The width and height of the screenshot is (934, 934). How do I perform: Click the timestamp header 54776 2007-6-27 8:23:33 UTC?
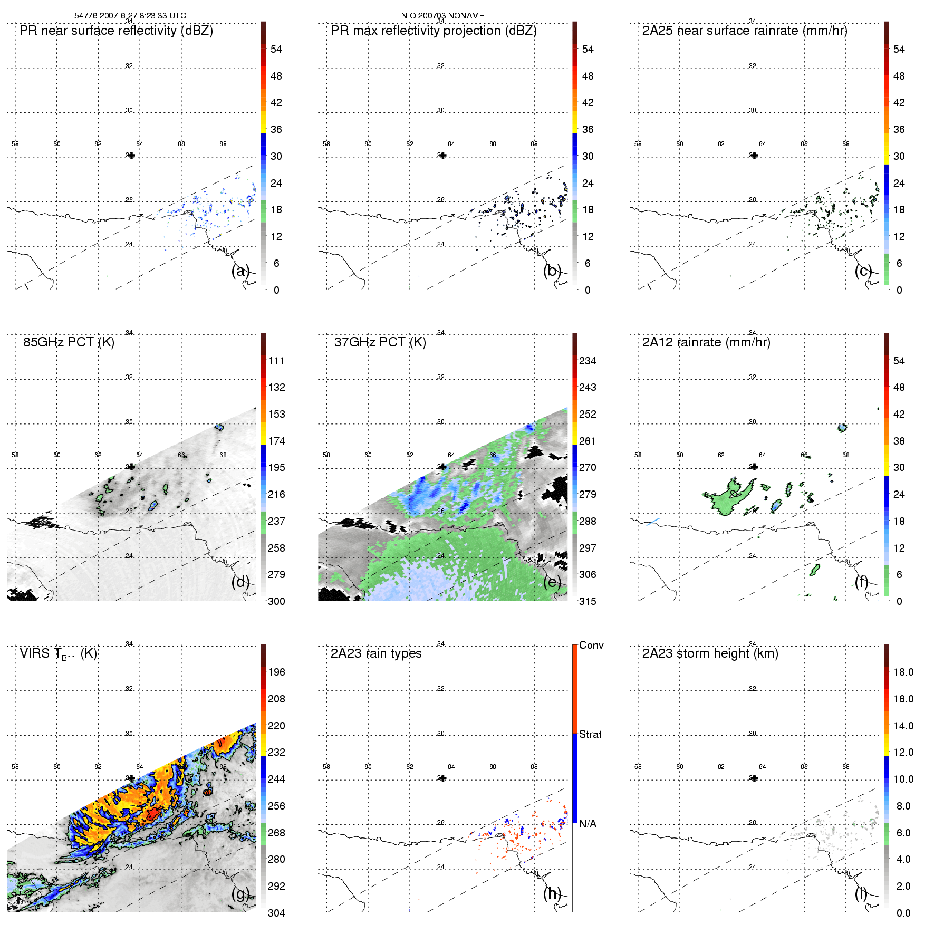click(x=130, y=16)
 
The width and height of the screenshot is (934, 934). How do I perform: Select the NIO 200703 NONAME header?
click(x=442, y=16)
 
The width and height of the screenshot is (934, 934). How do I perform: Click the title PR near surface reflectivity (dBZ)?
click(x=116, y=31)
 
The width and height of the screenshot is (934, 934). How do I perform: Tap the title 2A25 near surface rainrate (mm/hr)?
click(x=745, y=31)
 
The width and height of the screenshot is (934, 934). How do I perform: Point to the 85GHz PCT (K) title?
click(x=69, y=342)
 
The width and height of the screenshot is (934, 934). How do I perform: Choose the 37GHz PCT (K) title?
click(x=380, y=342)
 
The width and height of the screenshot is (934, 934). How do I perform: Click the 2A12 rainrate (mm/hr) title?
click(x=706, y=342)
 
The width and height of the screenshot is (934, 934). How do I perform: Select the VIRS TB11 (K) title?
click(x=58, y=654)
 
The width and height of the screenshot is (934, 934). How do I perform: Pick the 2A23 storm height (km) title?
click(x=710, y=653)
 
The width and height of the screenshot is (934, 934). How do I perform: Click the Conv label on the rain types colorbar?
click(x=591, y=645)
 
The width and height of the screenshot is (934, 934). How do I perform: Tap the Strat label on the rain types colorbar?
click(x=590, y=734)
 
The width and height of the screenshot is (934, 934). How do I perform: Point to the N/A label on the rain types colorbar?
click(x=588, y=824)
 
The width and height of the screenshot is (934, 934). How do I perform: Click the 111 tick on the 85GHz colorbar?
click(x=276, y=361)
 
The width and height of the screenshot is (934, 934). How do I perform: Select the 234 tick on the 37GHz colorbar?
click(x=588, y=361)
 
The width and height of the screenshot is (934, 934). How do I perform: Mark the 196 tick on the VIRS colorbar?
click(x=276, y=672)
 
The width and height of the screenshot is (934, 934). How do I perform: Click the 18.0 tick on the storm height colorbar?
click(x=903, y=672)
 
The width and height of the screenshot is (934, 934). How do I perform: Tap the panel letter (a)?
click(x=240, y=271)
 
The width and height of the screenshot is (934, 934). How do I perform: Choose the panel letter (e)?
click(x=552, y=582)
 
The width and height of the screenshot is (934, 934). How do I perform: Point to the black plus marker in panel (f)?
click(x=755, y=467)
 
